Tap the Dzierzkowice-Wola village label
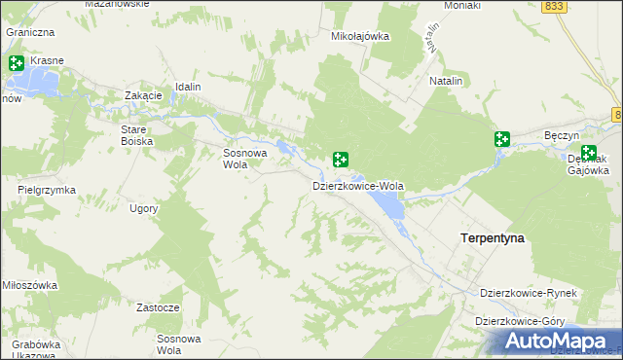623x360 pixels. pyautogui.click(x=358, y=185)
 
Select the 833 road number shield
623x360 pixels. pyautogui.click(x=555, y=6)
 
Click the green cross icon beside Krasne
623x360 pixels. pyautogui.click(x=17, y=63)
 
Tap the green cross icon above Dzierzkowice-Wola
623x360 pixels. pyautogui.click(x=341, y=159)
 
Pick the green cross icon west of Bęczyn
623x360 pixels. pyautogui.click(x=502, y=139)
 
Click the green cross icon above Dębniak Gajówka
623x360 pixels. pyautogui.click(x=589, y=152)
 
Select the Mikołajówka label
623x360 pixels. pyautogui.click(x=360, y=37)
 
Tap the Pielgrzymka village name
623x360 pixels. pyautogui.click(x=47, y=190)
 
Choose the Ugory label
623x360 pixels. pyautogui.click(x=143, y=208)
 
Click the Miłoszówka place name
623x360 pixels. pyautogui.click(x=29, y=286)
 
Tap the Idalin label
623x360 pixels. pyautogui.click(x=188, y=87)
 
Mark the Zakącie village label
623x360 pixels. pyautogui.click(x=143, y=95)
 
